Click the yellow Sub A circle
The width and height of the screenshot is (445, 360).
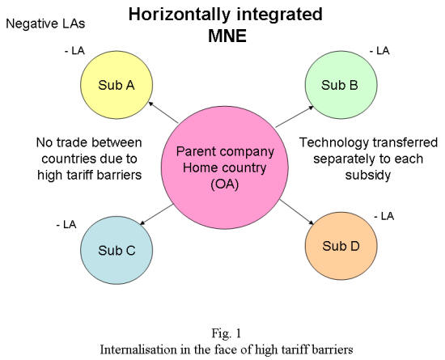(117, 85)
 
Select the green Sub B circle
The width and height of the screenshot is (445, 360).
(341, 85)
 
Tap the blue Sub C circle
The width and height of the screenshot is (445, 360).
(117, 250)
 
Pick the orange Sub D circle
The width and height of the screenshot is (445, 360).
(341, 246)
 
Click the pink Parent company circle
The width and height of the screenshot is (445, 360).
(225, 167)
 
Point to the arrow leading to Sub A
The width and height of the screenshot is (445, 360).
(163, 112)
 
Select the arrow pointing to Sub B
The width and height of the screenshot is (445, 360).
(295, 116)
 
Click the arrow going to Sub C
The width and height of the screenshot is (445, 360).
(156, 214)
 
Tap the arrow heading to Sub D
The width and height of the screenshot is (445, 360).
(297, 212)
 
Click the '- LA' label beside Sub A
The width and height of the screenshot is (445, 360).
(75, 51)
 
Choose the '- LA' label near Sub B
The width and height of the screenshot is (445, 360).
(379, 51)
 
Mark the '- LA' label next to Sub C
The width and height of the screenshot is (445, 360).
(66, 225)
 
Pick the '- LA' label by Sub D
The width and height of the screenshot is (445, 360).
(384, 217)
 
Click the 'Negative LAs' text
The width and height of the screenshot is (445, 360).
(45, 23)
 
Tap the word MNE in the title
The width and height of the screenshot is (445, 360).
(227, 36)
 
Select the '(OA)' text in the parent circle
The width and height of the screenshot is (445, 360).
(225, 184)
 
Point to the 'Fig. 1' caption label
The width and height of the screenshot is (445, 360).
(227, 333)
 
